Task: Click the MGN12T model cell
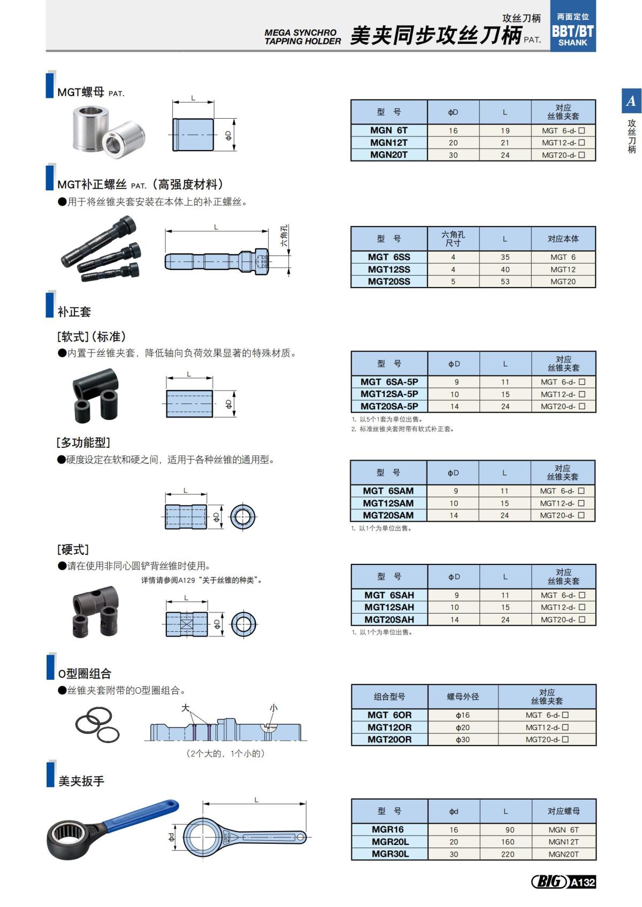(389, 143)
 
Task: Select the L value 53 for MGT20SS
(505, 282)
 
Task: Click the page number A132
(582, 882)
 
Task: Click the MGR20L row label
(390, 842)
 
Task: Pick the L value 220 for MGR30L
(508, 854)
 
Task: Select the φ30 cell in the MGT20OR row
(463, 740)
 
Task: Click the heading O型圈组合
(85, 673)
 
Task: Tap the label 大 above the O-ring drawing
(186, 708)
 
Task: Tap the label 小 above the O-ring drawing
(273, 708)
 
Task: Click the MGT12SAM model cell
(388, 503)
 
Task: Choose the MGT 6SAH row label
(389, 595)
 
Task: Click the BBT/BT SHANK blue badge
(573, 31)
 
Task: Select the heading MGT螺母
(81, 92)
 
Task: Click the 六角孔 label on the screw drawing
(284, 235)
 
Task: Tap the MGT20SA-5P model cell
(389, 406)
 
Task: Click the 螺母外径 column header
(463, 696)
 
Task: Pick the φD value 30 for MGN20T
(453, 155)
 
